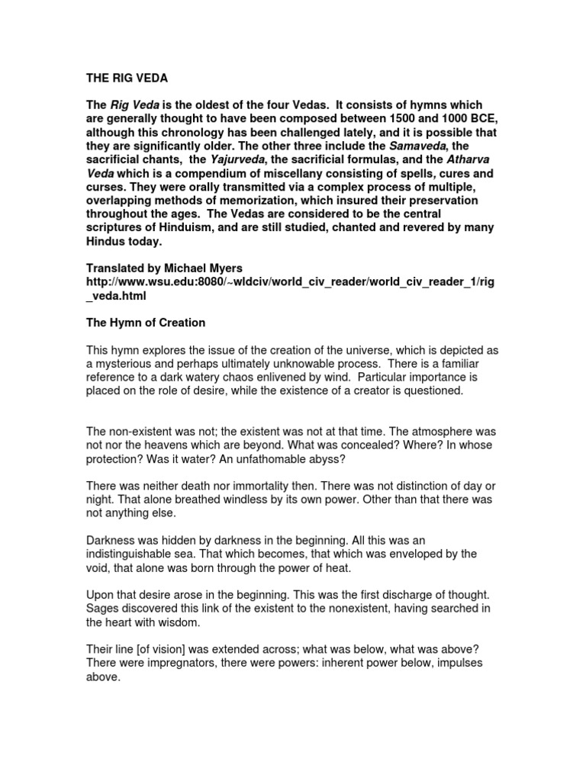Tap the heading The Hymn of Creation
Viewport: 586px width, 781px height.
click(145, 323)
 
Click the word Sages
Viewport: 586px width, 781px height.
click(101, 609)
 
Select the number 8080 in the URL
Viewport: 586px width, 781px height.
click(205, 282)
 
